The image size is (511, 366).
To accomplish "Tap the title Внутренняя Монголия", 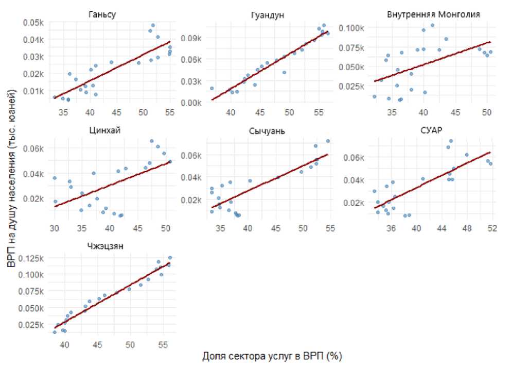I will pos(433,14).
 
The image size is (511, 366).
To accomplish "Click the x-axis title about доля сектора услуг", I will pos(272,356).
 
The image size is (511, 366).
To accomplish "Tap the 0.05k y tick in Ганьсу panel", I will pos(34,23).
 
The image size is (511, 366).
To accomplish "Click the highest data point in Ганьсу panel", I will pos(153,25).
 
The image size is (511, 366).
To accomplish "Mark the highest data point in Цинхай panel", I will pos(152,141).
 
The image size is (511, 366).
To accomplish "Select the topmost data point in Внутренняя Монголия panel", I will pos(432,25).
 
